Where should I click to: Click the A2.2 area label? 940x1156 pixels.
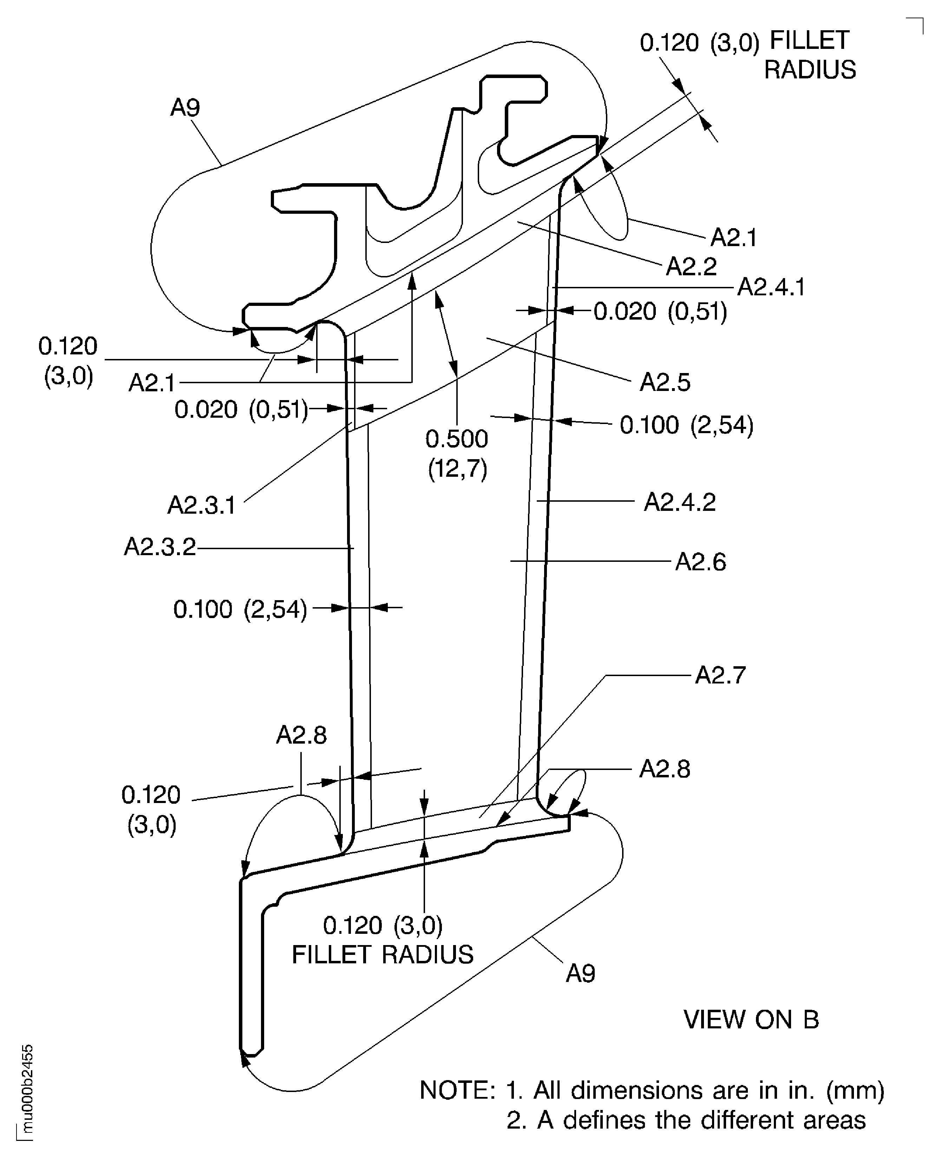point(691,266)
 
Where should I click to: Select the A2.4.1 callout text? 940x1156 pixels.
point(771,287)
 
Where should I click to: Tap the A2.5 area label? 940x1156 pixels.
point(665,383)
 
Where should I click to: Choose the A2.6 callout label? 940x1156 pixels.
point(700,562)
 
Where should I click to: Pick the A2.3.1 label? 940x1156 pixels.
point(201,505)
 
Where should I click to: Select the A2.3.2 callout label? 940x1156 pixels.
point(160,547)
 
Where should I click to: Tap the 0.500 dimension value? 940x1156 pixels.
point(456,439)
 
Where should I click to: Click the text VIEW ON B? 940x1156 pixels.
point(751,1020)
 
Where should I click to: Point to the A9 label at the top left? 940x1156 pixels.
point(185,108)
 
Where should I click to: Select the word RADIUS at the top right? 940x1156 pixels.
point(810,70)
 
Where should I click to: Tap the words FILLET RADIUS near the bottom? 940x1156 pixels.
point(382,955)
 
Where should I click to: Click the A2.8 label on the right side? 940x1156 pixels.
point(664,769)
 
